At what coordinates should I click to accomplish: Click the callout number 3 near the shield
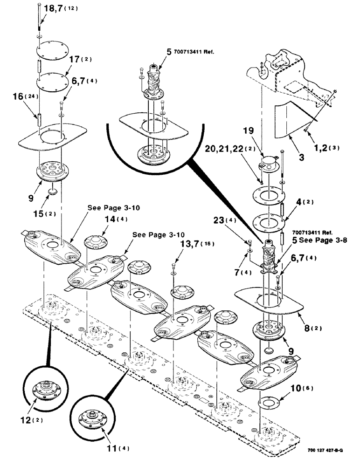302,158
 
